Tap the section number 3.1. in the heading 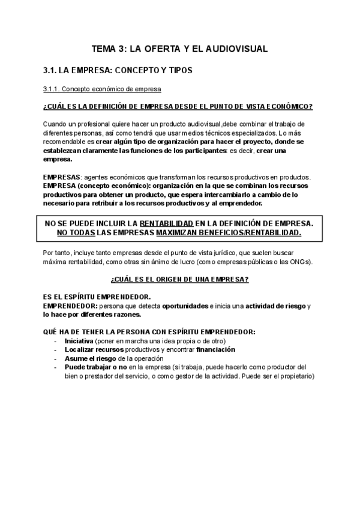click(x=50, y=71)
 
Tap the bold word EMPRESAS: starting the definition click(x=61, y=178)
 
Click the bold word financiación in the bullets click(x=214, y=349)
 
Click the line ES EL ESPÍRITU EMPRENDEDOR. click(x=97, y=297)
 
